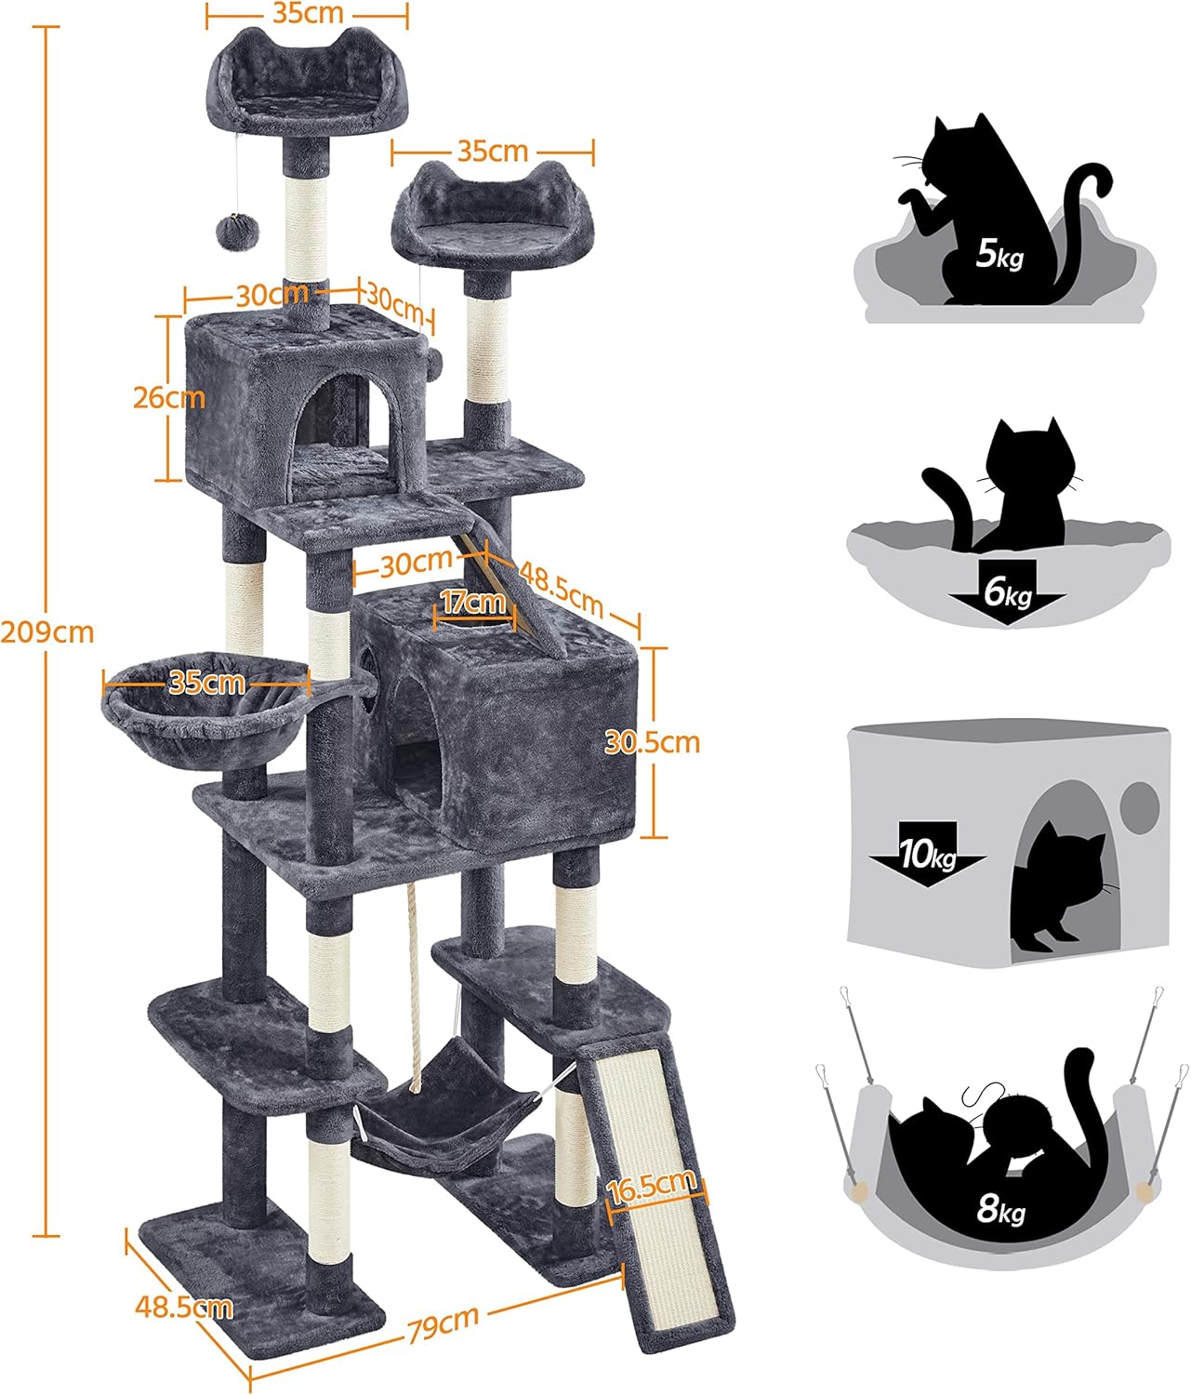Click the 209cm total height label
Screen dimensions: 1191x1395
coord(47,632)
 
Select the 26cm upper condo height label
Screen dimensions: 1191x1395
coord(168,397)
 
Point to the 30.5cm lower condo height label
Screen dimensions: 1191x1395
coord(652,742)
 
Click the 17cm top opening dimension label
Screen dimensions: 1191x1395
coord(473,602)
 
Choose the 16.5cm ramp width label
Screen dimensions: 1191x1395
coord(652,1186)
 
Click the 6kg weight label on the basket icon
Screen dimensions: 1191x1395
coord(1008,592)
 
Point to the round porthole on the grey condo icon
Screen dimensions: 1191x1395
coord(1140,806)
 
